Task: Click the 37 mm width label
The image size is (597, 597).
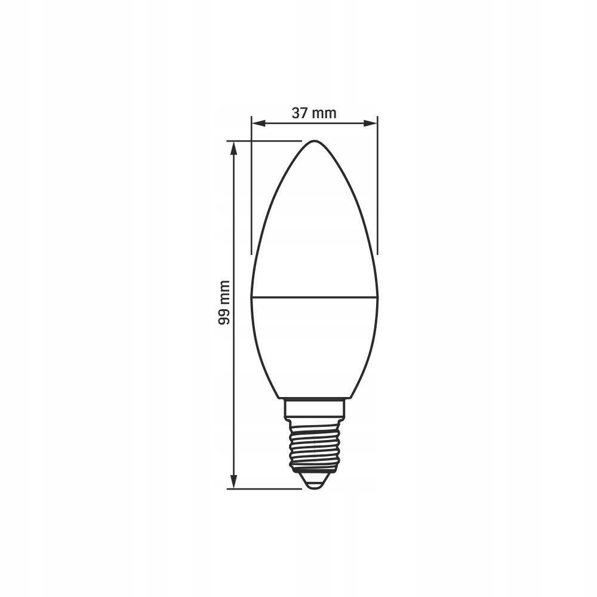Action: pyautogui.click(x=314, y=113)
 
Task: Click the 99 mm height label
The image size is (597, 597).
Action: pyautogui.click(x=224, y=303)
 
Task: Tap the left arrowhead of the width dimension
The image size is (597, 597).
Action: pyautogui.click(x=258, y=123)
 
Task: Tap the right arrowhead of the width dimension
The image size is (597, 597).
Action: pyautogui.click(x=371, y=123)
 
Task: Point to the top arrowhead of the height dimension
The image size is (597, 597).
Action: pyautogui.click(x=234, y=148)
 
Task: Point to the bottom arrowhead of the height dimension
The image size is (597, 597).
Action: pyautogui.click(x=234, y=481)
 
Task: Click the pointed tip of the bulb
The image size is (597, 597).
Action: pyautogui.click(x=315, y=141)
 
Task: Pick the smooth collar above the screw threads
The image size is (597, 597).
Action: pyautogui.click(x=315, y=408)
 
